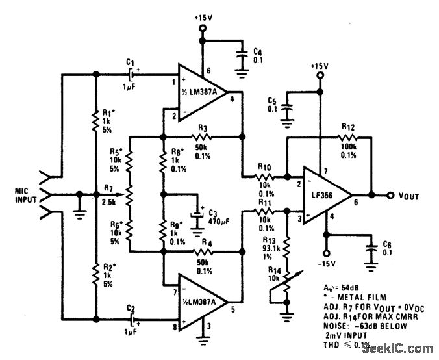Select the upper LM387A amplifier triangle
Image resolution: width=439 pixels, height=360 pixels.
click(199, 90)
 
